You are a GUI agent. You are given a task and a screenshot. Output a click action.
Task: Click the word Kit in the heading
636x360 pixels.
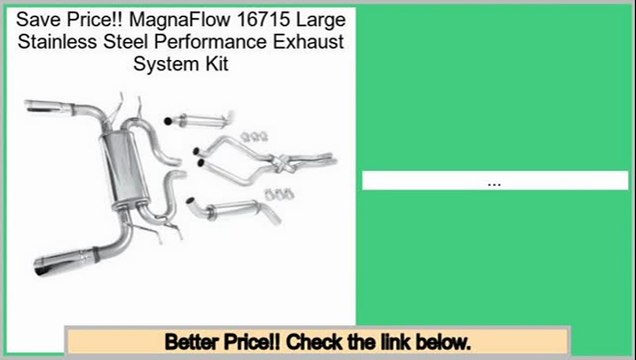pyautogui.click(x=217, y=64)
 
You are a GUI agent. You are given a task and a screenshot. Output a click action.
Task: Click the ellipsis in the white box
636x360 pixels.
pyautogui.click(x=493, y=183)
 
